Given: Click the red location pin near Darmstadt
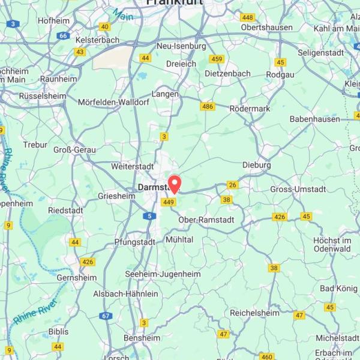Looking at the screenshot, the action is click(175, 182).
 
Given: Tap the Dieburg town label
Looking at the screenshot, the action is click(257, 164).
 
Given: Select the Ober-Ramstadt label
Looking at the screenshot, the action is click(206, 220).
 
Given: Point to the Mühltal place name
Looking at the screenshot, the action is click(179, 239).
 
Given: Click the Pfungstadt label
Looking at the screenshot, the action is click(134, 242).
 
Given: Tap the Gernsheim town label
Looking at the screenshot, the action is click(77, 278).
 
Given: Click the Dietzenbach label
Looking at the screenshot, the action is click(227, 73).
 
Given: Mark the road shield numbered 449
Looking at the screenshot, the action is click(169, 202).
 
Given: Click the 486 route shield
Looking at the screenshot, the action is click(208, 106).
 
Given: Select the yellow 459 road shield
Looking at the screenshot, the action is click(217, 59).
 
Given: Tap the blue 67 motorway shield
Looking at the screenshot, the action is click(106, 316).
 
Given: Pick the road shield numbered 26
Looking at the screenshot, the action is click(233, 185).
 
